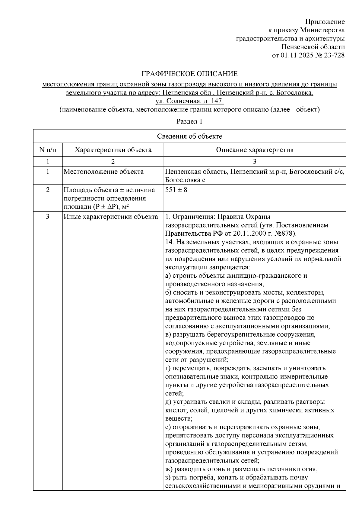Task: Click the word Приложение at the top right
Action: click(x=325, y=22)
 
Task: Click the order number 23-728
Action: click(x=334, y=55)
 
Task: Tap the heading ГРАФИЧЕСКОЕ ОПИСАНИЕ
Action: click(x=190, y=74)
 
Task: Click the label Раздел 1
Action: click(x=189, y=121)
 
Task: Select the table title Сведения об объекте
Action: click(x=189, y=136)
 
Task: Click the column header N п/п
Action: click(x=48, y=150)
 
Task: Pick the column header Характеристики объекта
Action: click(x=113, y=150)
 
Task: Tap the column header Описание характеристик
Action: click(x=255, y=150)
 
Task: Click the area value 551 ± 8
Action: click(x=176, y=190)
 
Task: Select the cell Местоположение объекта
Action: click(x=103, y=172)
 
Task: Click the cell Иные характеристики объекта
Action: click(x=111, y=217)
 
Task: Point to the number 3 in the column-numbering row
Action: click(x=255, y=161)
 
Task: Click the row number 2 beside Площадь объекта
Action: click(x=48, y=190)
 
